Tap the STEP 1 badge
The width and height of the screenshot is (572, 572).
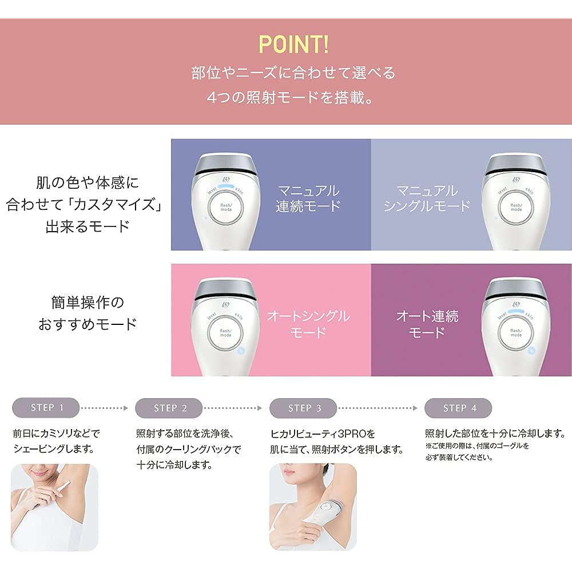pyautogui.click(x=46, y=408)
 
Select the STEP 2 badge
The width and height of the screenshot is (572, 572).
pyautogui.click(x=169, y=408)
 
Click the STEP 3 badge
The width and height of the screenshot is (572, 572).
pyautogui.click(x=303, y=408)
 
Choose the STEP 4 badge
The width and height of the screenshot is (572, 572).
pyautogui.click(x=458, y=408)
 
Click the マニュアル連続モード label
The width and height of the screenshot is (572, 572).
pyautogui.click(x=308, y=198)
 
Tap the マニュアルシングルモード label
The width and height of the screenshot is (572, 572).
pyautogui.click(x=427, y=198)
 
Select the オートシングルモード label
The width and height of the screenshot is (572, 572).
pyautogui.click(x=308, y=324)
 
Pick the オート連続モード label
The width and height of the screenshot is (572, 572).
pyautogui.click(x=427, y=324)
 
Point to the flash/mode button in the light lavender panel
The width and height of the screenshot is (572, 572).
pyautogui.click(x=516, y=208)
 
